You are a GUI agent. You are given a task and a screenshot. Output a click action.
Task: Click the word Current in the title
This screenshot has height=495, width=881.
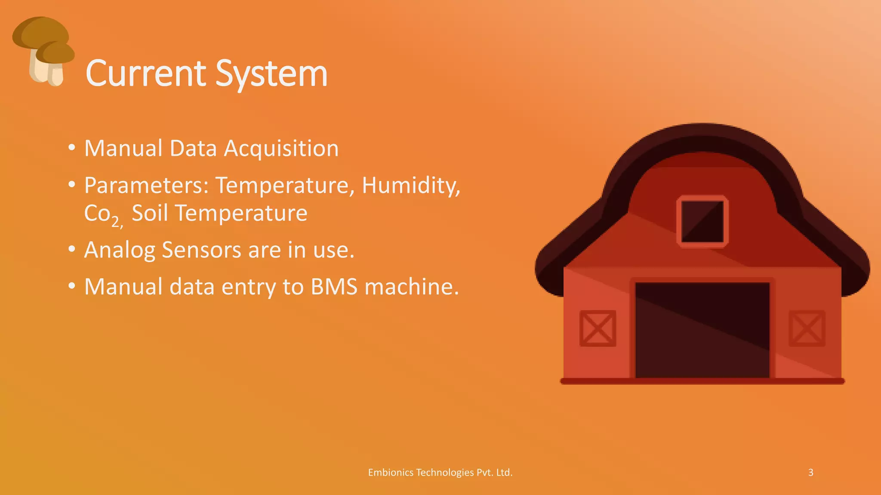tap(146, 74)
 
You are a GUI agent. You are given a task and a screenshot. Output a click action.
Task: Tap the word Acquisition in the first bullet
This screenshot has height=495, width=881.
tap(281, 149)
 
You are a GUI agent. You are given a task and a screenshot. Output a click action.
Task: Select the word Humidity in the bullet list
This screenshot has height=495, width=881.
tap(411, 186)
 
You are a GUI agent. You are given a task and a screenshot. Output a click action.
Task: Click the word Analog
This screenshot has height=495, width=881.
tap(119, 250)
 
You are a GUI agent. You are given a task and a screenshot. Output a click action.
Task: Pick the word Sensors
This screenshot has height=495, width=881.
tap(201, 250)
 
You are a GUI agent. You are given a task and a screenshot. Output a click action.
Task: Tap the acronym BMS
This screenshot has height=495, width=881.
tap(334, 287)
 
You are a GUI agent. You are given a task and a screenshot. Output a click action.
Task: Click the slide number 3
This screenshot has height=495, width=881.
tap(810, 473)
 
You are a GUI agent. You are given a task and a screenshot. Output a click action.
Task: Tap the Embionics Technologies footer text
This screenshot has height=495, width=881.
tap(440, 473)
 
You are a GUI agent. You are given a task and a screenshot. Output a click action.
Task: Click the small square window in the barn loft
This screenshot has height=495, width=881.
tap(702, 222)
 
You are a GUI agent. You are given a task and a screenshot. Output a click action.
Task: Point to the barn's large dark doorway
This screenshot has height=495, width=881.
tap(702, 330)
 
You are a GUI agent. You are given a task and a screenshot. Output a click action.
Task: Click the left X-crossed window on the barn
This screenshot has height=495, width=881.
tap(598, 328)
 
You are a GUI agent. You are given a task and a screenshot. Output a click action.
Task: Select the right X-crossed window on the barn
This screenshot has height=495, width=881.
tap(807, 328)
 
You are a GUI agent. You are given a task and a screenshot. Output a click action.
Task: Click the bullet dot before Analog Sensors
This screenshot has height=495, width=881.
tap(72, 249)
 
